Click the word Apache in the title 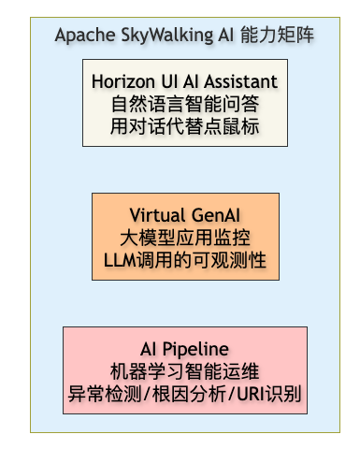pos(85,35)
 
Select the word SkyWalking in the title pos(167,35)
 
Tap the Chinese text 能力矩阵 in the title pos(278,35)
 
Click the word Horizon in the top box pos(123,81)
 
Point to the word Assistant pos(240,81)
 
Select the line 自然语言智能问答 pos(185,104)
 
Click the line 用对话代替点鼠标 pos(185,126)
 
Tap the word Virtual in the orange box pos(157,215)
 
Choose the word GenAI pos(216,215)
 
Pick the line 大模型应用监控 pos(185,238)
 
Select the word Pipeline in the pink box pos(195,349)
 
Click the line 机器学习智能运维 pos(185,371)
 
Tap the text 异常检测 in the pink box pos(105,394)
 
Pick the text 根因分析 pos(189,394)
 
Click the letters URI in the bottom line pos(251,394)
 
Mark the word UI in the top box pos(169,81)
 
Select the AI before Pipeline pos(149,349)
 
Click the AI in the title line pos(226,35)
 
